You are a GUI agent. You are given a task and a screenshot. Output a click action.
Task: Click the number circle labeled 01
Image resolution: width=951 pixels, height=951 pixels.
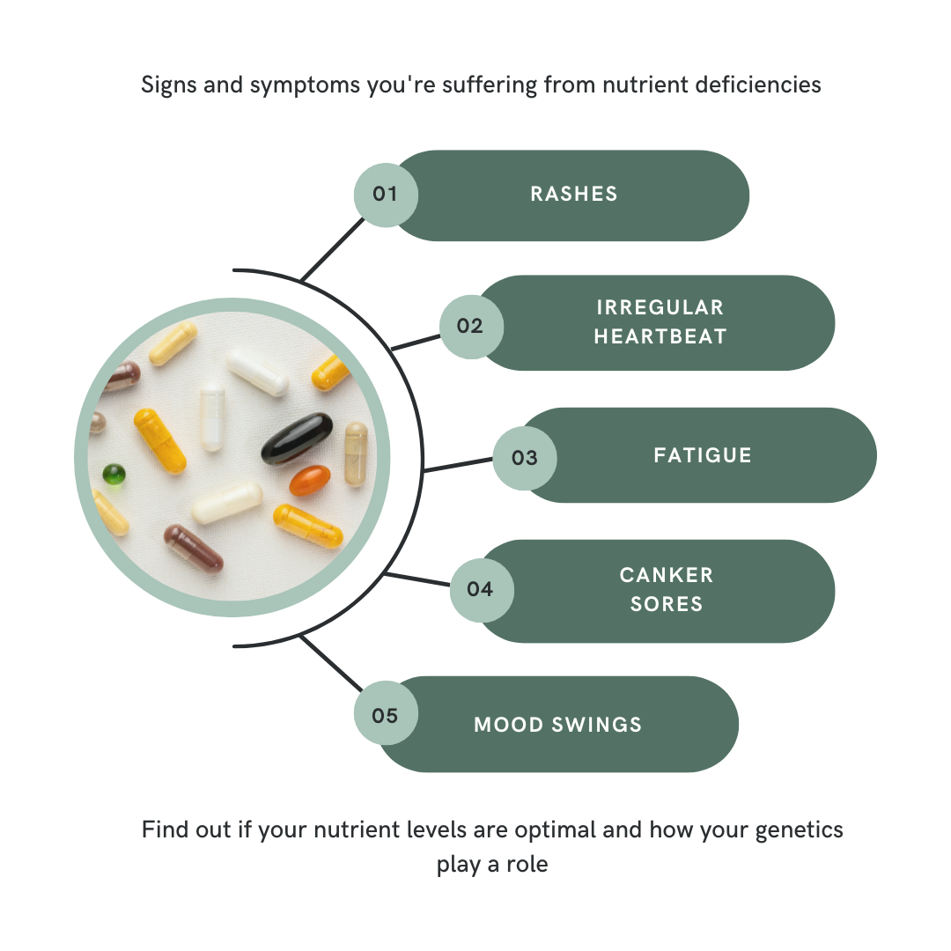click(x=385, y=194)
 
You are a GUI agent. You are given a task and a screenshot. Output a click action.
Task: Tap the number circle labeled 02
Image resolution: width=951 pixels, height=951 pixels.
click(x=470, y=326)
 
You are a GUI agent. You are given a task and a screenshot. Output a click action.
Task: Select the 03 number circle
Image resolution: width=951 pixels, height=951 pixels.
click(x=524, y=458)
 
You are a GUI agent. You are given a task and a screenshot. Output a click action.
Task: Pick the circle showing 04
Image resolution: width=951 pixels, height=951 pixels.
click(x=481, y=589)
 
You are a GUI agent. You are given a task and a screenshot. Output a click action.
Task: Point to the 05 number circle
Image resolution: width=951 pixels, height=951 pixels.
click(x=385, y=715)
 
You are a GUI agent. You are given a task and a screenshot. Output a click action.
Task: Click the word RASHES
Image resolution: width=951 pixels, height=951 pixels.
click(x=574, y=195)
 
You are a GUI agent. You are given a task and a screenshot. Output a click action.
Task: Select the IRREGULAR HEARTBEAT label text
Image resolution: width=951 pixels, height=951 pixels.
click(x=660, y=321)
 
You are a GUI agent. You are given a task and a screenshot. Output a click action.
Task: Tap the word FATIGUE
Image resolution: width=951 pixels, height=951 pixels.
click(x=703, y=455)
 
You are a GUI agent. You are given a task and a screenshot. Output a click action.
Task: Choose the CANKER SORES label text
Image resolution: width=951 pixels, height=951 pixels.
click(x=667, y=589)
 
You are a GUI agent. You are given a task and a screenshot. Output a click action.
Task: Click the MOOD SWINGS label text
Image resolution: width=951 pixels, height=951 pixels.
click(x=558, y=725)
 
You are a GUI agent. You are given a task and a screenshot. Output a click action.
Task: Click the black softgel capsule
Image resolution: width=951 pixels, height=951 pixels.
click(x=297, y=439)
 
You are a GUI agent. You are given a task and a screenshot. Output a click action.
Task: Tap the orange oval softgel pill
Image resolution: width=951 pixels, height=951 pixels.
click(x=310, y=481)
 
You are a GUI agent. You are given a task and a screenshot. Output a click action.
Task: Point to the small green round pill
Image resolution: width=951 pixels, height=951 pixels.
click(x=114, y=475)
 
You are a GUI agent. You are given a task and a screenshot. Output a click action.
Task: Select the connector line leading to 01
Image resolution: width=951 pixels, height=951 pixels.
click(x=332, y=250)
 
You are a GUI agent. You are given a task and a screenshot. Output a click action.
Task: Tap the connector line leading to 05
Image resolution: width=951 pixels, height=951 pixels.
click(x=331, y=665)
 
